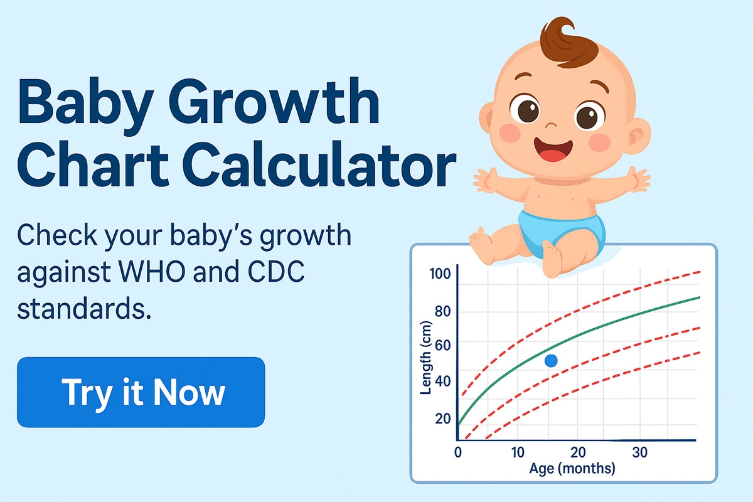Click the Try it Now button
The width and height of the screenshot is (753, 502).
click(141, 392)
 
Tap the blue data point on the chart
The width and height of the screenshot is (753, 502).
click(552, 361)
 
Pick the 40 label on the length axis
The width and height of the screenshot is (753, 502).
click(442, 382)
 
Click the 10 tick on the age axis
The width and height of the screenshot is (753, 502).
click(517, 452)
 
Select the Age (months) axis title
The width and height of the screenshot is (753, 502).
click(572, 468)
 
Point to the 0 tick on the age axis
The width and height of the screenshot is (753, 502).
click(459, 452)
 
